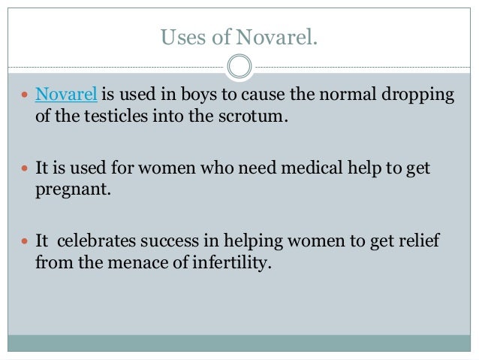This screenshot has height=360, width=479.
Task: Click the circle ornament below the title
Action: tap(239, 67)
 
